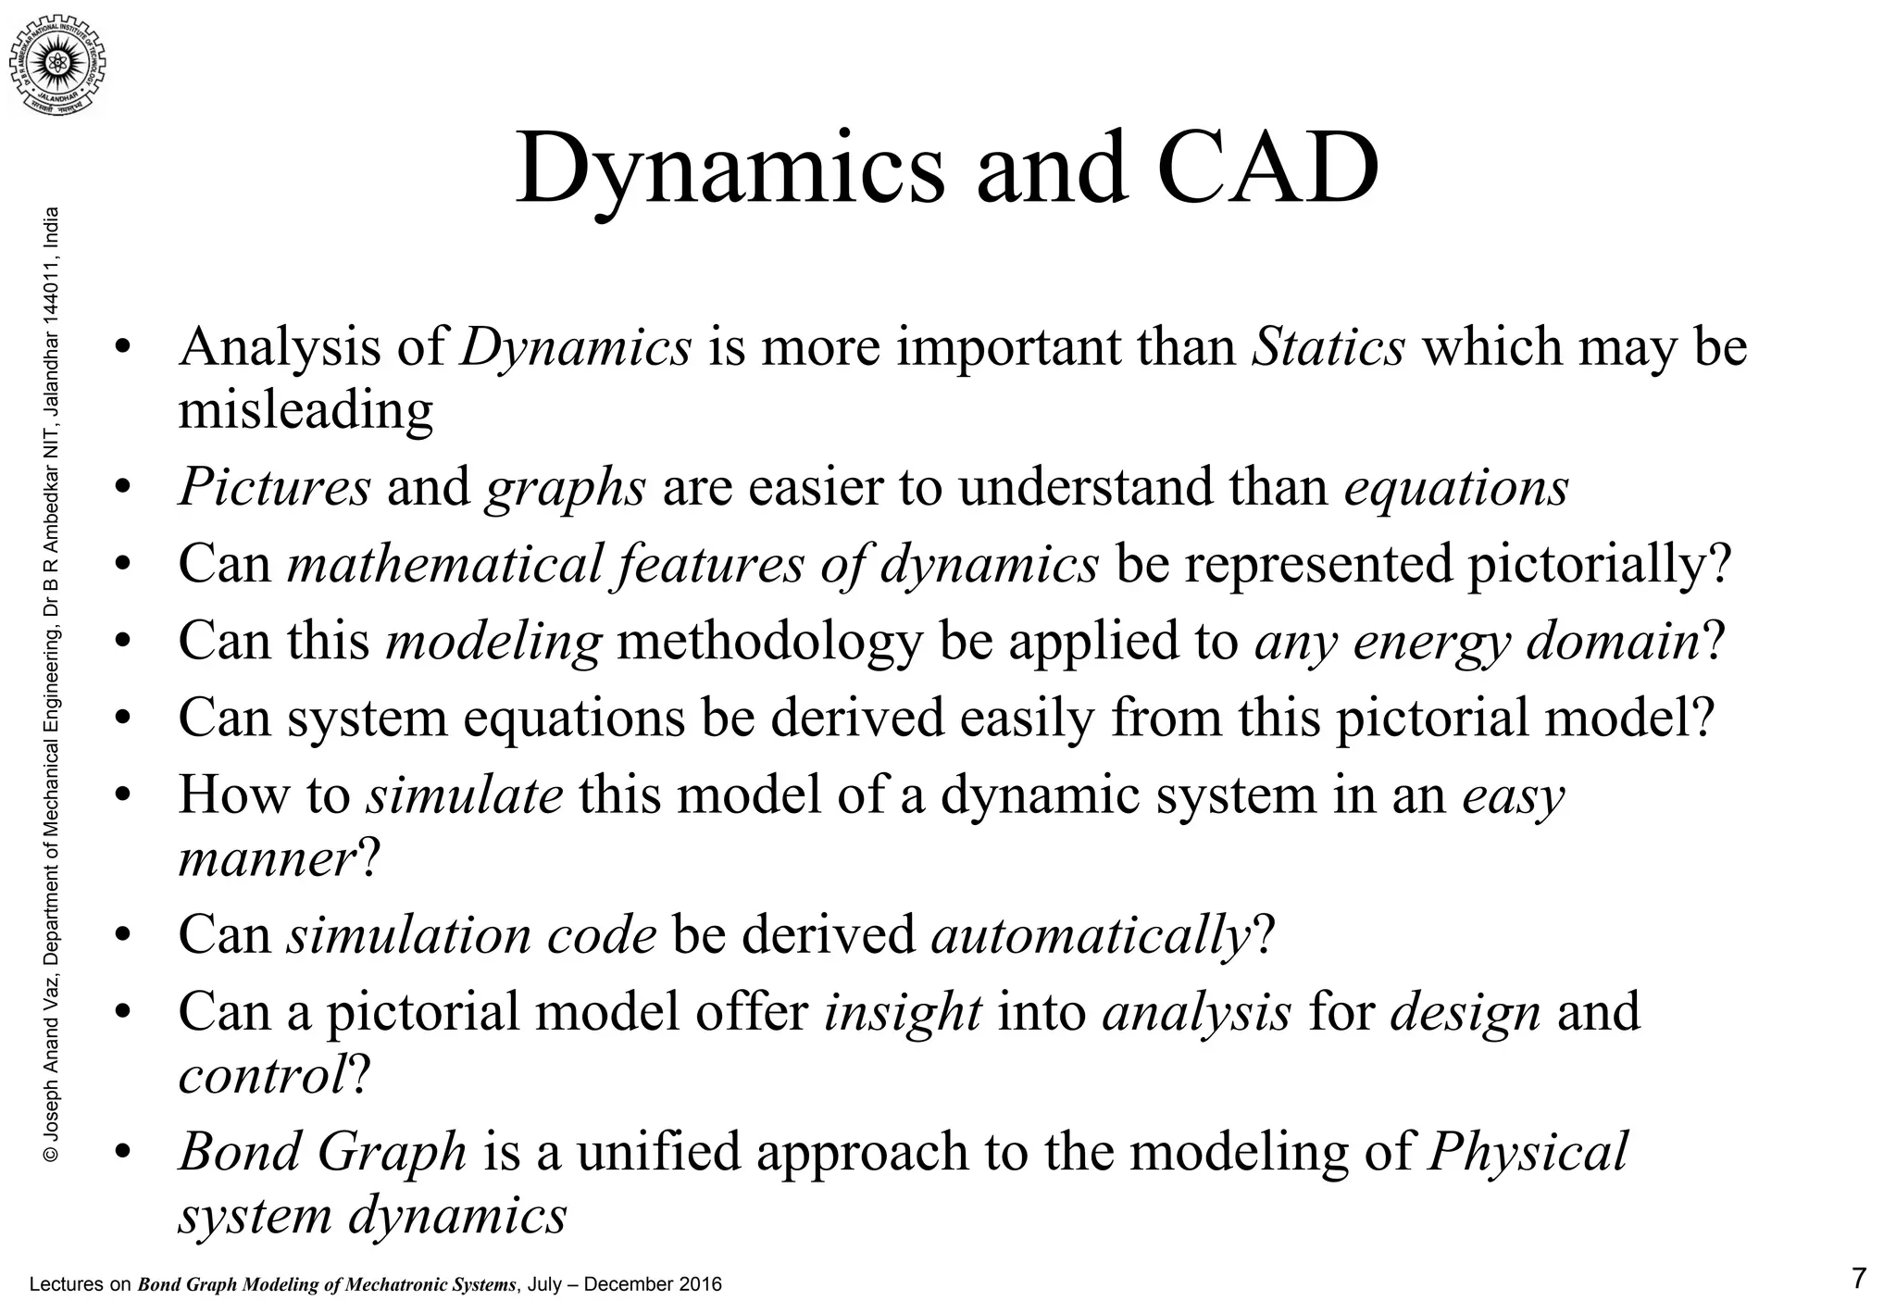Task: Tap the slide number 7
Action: (x=1858, y=1279)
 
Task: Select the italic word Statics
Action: (x=1328, y=347)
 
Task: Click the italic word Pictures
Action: (x=274, y=487)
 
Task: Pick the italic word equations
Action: (x=1456, y=487)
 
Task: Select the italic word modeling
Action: (x=493, y=641)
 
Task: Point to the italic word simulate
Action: (x=464, y=795)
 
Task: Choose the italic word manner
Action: (x=267, y=858)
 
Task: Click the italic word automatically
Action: (x=1091, y=934)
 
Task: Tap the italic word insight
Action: (x=903, y=1011)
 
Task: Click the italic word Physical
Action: (x=1528, y=1152)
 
